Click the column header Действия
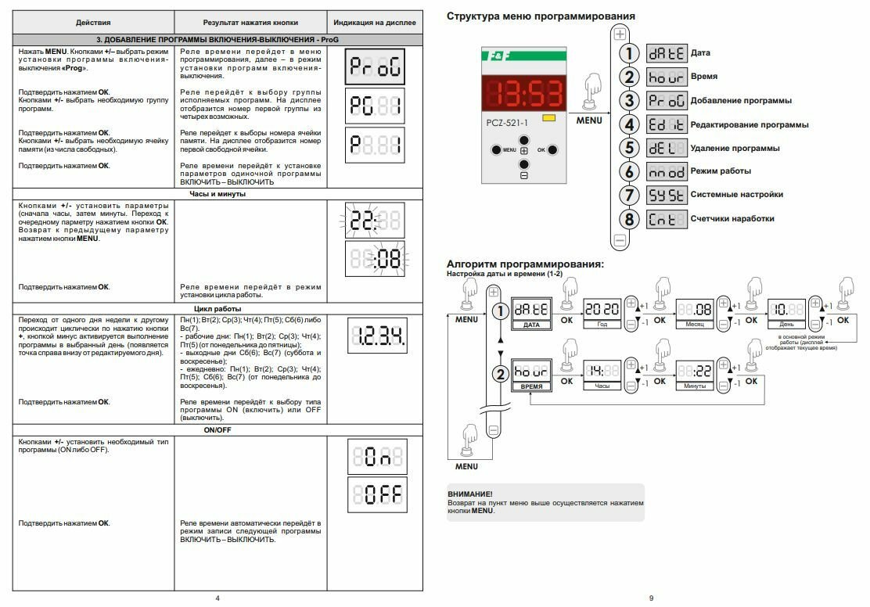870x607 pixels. tap(93, 23)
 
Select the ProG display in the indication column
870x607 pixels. tap(375, 68)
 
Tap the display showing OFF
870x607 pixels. tap(375, 494)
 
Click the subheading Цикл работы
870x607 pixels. tap(217, 308)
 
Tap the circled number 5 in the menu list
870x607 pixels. tap(628, 148)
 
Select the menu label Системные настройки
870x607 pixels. tap(736, 194)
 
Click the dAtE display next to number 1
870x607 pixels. tap(666, 53)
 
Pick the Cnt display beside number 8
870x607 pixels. tap(666, 218)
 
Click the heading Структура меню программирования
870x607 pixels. tap(541, 16)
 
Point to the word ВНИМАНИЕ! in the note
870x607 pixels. tap(470, 494)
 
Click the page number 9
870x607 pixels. tap(651, 598)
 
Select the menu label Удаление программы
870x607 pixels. tap(735, 148)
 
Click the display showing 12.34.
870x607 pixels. tap(375, 337)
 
